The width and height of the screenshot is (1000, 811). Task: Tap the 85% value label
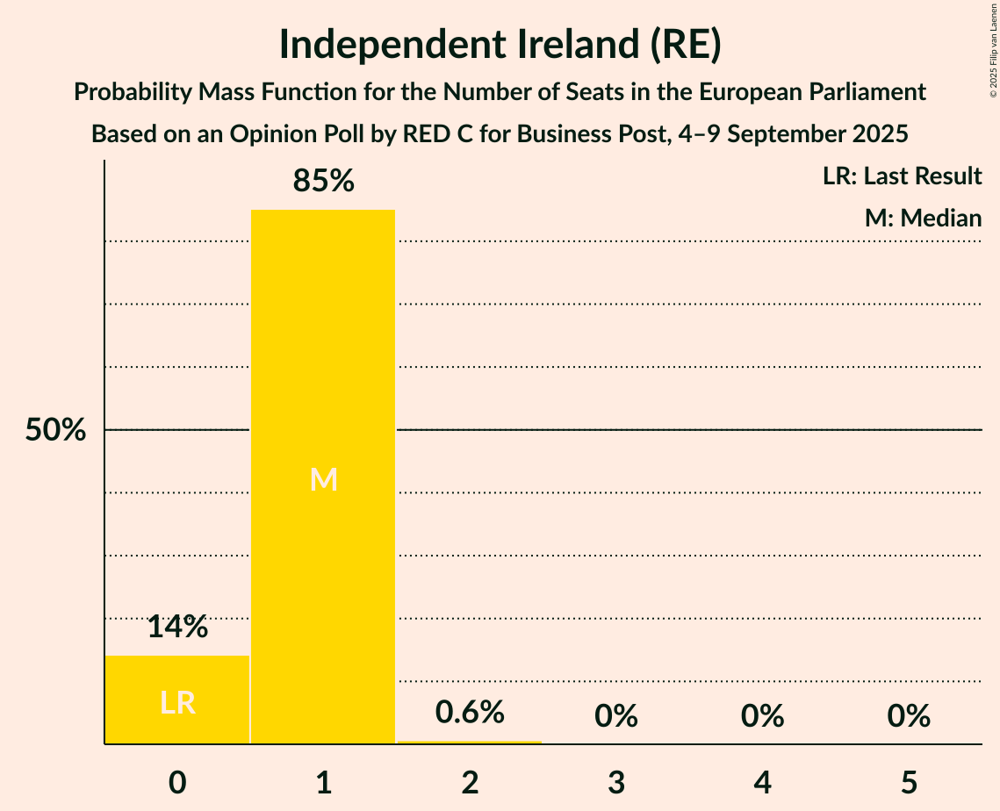(323, 182)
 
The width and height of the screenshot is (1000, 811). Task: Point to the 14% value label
(177, 627)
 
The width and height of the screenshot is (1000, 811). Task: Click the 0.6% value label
(470, 712)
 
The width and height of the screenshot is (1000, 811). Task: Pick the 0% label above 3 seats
(615, 716)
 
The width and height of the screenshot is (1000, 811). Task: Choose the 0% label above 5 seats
(908, 716)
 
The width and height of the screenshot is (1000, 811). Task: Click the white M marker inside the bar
(323, 479)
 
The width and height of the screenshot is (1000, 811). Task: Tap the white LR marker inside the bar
(177, 702)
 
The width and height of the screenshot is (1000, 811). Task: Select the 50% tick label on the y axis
(55, 430)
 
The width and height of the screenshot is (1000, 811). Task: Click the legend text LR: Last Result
(902, 176)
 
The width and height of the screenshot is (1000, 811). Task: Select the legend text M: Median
(923, 218)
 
